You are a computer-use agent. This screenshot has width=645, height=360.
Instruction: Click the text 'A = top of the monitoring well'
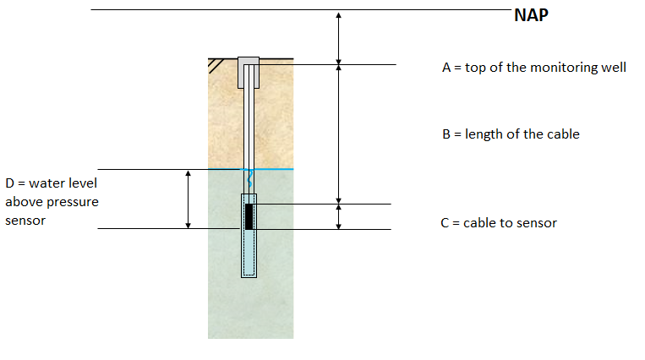pyautogui.click(x=533, y=67)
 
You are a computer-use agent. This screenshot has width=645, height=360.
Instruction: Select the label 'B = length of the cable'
pyautogui.click(x=511, y=134)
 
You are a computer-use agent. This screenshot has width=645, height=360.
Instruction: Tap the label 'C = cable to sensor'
pyautogui.click(x=499, y=223)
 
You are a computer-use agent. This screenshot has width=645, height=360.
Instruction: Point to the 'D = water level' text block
pyautogui.click(x=52, y=201)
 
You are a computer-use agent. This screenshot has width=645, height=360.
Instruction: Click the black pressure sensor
pyautogui.click(x=249, y=216)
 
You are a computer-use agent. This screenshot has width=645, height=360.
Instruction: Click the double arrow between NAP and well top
pyautogui.click(x=338, y=38)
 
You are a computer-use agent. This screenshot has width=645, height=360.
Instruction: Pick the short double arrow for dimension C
pyautogui.click(x=338, y=216)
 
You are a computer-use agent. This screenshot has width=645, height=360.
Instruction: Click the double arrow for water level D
pyautogui.click(x=189, y=199)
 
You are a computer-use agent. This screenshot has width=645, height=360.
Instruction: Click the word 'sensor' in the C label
pyautogui.click(x=538, y=223)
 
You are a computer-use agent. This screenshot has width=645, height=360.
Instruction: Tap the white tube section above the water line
pyautogui.click(x=249, y=127)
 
